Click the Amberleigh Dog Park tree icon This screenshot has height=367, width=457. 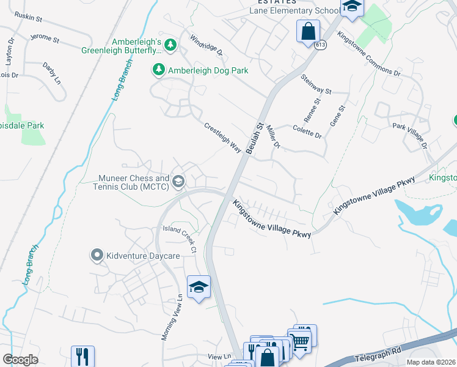[x=159, y=70]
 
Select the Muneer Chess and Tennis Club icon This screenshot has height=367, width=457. [x=178, y=180]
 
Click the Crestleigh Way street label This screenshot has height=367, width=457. [x=222, y=138]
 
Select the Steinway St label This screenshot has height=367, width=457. [x=316, y=84]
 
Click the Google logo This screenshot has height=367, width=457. [x=20, y=359]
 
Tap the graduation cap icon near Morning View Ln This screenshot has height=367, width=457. [x=199, y=287]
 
